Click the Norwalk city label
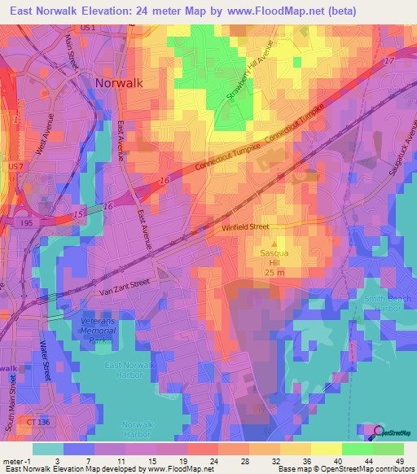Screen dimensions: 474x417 tap(119, 82)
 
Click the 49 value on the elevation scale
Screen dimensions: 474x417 tap(398, 461)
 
